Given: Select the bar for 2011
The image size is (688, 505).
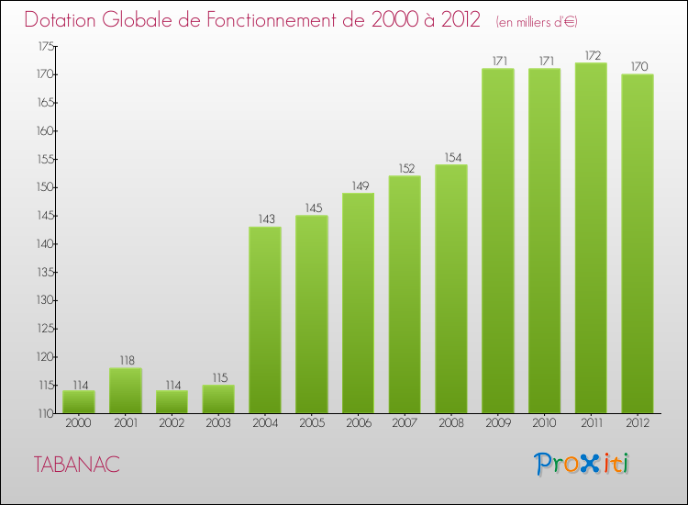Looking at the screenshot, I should [x=591, y=238].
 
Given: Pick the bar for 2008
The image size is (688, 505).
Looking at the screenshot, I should [x=451, y=288].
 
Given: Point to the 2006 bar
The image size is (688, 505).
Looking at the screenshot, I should [x=358, y=303].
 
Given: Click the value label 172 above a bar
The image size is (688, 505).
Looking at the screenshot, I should [x=591, y=54].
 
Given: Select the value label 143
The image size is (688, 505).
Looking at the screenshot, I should [x=265, y=219].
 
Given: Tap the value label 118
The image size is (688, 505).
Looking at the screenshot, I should [x=126, y=360].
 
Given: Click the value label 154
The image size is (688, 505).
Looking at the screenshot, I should [x=451, y=156].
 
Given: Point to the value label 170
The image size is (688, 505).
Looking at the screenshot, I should [x=638, y=66].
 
